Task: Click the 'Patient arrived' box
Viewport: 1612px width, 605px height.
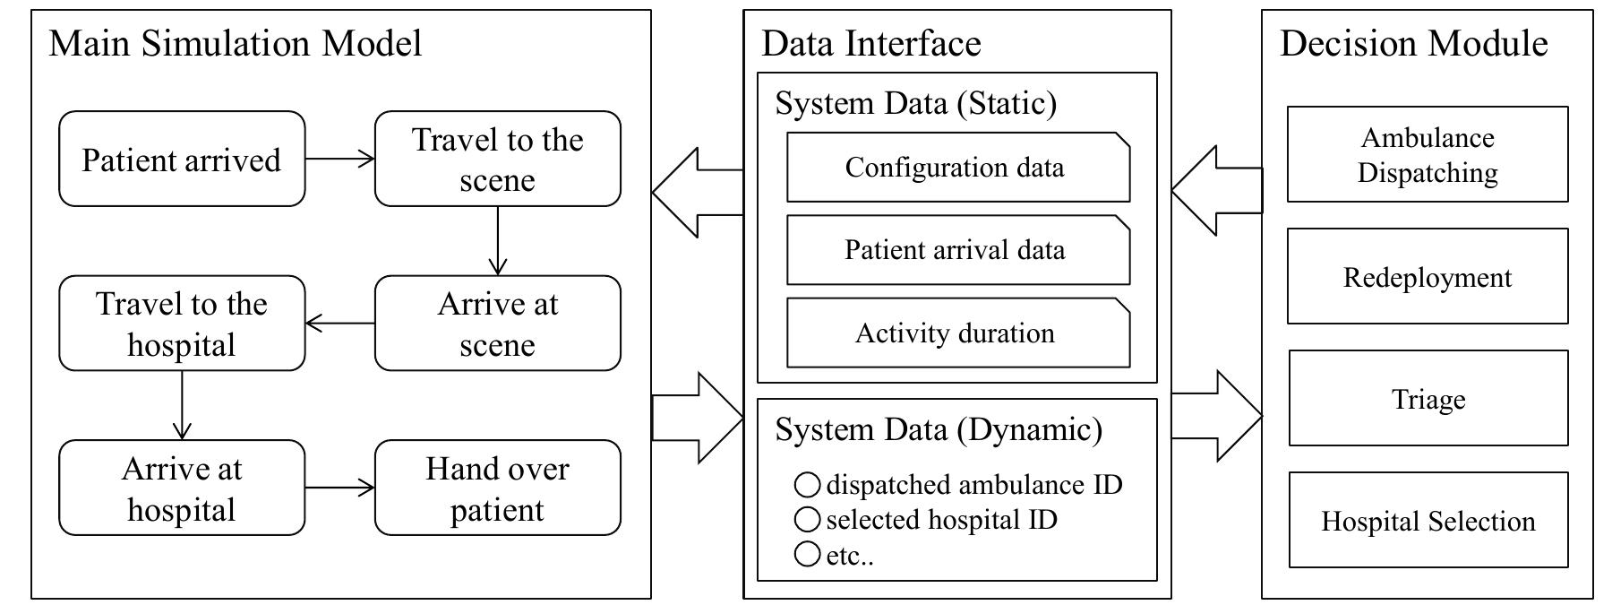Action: pos(182,160)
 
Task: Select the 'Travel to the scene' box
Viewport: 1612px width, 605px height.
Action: pos(497,160)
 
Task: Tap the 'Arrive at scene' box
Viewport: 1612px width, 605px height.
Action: pos(497,324)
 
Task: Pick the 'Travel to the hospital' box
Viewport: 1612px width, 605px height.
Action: pos(182,324)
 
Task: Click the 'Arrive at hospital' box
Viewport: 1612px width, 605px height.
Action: pos(182,488)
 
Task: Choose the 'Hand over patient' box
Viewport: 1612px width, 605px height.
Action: pos(497,488)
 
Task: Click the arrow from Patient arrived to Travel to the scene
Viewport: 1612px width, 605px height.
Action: pos(339,160)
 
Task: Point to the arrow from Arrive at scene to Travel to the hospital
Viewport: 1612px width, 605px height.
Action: pos(339,324)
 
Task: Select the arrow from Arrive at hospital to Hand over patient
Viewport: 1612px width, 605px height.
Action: pos(339,488)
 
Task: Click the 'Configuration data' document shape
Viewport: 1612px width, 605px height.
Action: pos(957,168)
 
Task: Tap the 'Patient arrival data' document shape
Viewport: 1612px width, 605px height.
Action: pos(957,250)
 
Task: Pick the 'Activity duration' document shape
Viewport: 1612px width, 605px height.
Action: pos(957,333)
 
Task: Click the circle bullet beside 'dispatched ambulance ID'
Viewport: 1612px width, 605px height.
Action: pos(807,486)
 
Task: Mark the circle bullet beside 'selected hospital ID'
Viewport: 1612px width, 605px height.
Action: pos(807,520)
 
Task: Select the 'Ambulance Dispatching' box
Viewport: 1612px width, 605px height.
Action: pos(1428,154)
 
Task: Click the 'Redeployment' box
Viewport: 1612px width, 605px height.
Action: pos(1428,276)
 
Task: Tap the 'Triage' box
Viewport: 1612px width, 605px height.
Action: pos(1428,398)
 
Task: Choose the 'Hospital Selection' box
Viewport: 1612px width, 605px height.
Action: pos(1428,520)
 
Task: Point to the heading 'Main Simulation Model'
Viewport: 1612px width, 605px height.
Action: pos(235,44)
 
